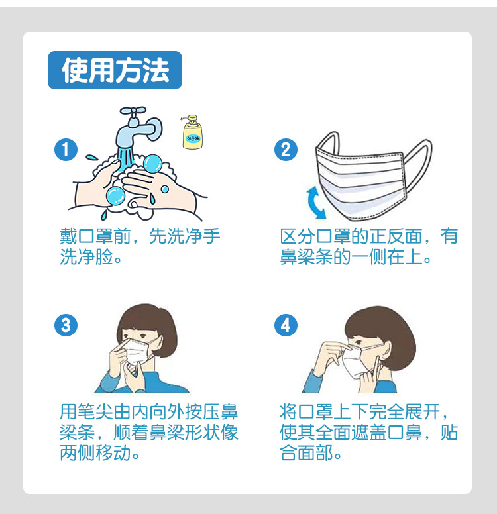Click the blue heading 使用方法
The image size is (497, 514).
coord(115,70)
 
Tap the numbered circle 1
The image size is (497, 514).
coord(65,150)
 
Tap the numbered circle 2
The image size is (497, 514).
coord(286,150)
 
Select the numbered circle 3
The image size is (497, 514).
coord(65,325)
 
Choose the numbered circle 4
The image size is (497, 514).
coord(286,325)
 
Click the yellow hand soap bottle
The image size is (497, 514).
coord(192,132)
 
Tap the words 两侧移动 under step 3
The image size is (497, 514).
coord(99,454)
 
